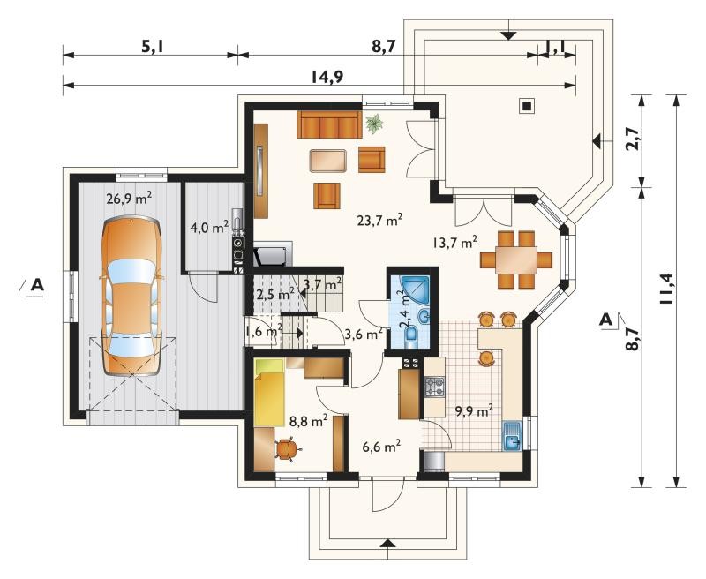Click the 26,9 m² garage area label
pos(129,198)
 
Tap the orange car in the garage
pos(131,296)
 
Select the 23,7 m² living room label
pos(379,220)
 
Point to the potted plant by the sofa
pos(374,123)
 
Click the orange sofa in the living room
pos(329,124)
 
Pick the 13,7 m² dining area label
pos(455,243)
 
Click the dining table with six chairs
pos(516,259)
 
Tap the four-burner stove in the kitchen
pos(434,387)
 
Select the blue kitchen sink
pos(512,436)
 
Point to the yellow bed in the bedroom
pos(269,392)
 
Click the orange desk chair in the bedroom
pos(286,448)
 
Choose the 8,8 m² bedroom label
pos(308,421)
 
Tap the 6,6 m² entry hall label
pos(382,447)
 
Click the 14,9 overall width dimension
pos(327,77)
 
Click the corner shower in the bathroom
pos(414,288)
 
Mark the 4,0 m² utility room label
pos(209,227)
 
